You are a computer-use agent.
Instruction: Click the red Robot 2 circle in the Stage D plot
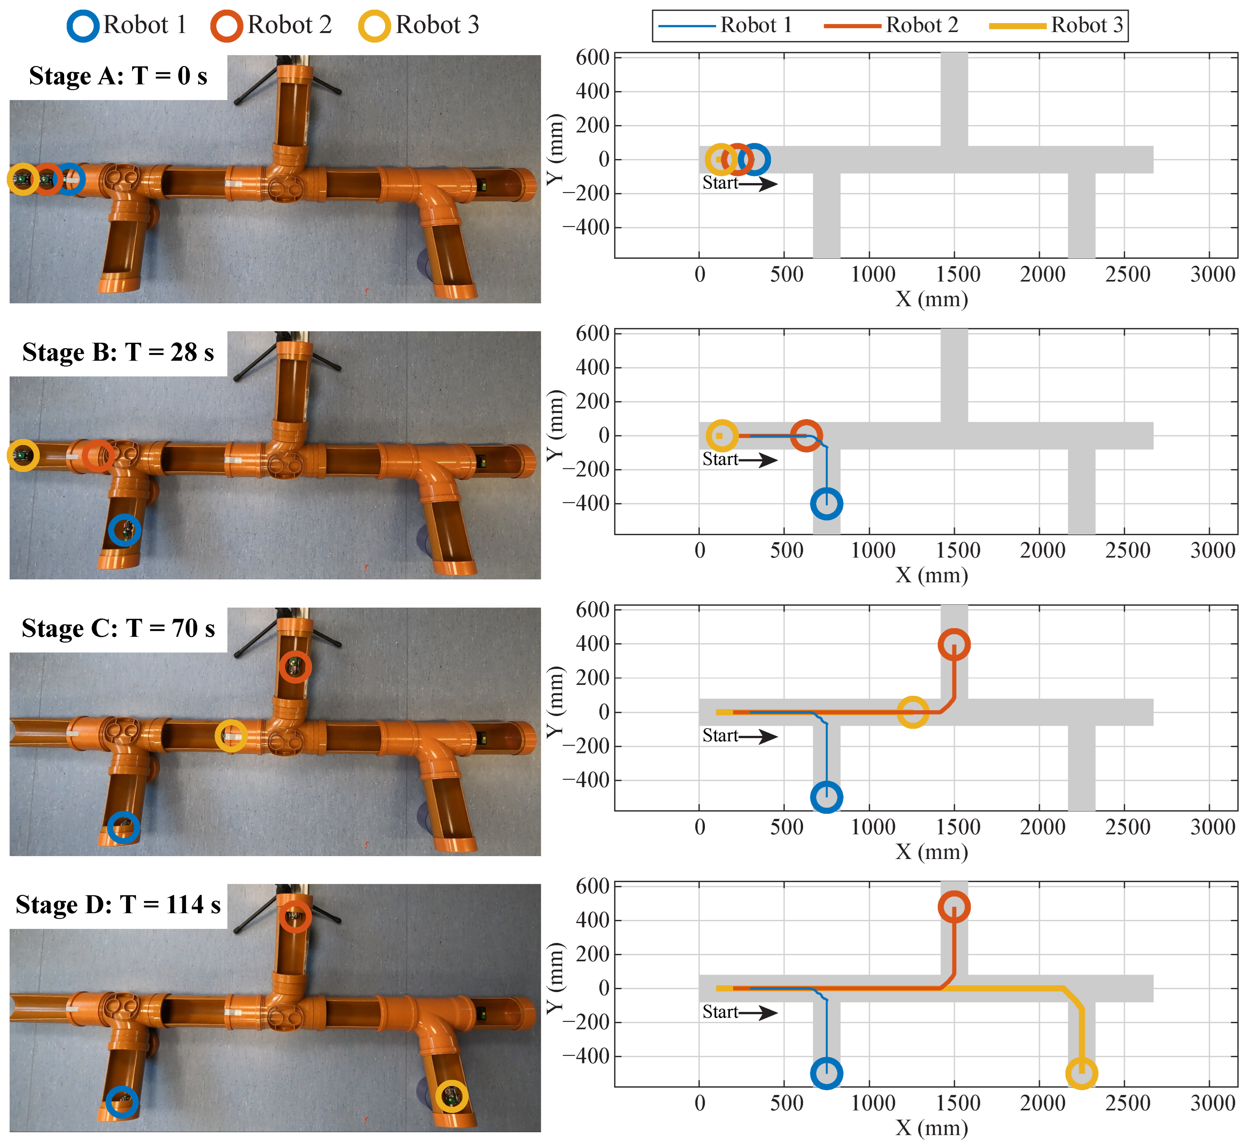point(954,893)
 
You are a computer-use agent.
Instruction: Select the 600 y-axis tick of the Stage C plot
point(592,610)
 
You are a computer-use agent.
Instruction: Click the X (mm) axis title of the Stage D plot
point(932,1128)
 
